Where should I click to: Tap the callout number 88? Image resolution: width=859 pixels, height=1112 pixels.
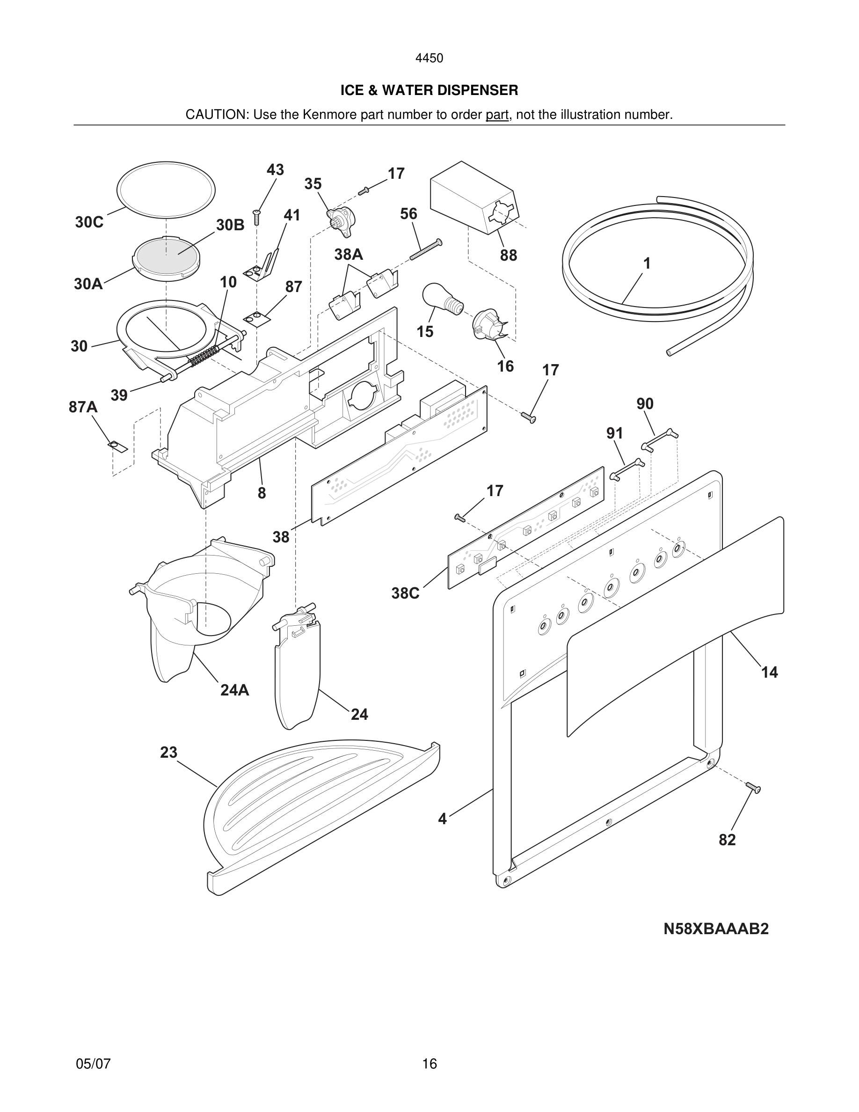[x=508, y=255]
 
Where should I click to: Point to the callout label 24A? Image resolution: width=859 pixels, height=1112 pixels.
[x=234, y=690]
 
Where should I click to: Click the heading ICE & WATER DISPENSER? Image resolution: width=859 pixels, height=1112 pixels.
[x=429, y=90]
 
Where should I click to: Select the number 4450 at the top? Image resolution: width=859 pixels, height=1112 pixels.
[x=429, y=58]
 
